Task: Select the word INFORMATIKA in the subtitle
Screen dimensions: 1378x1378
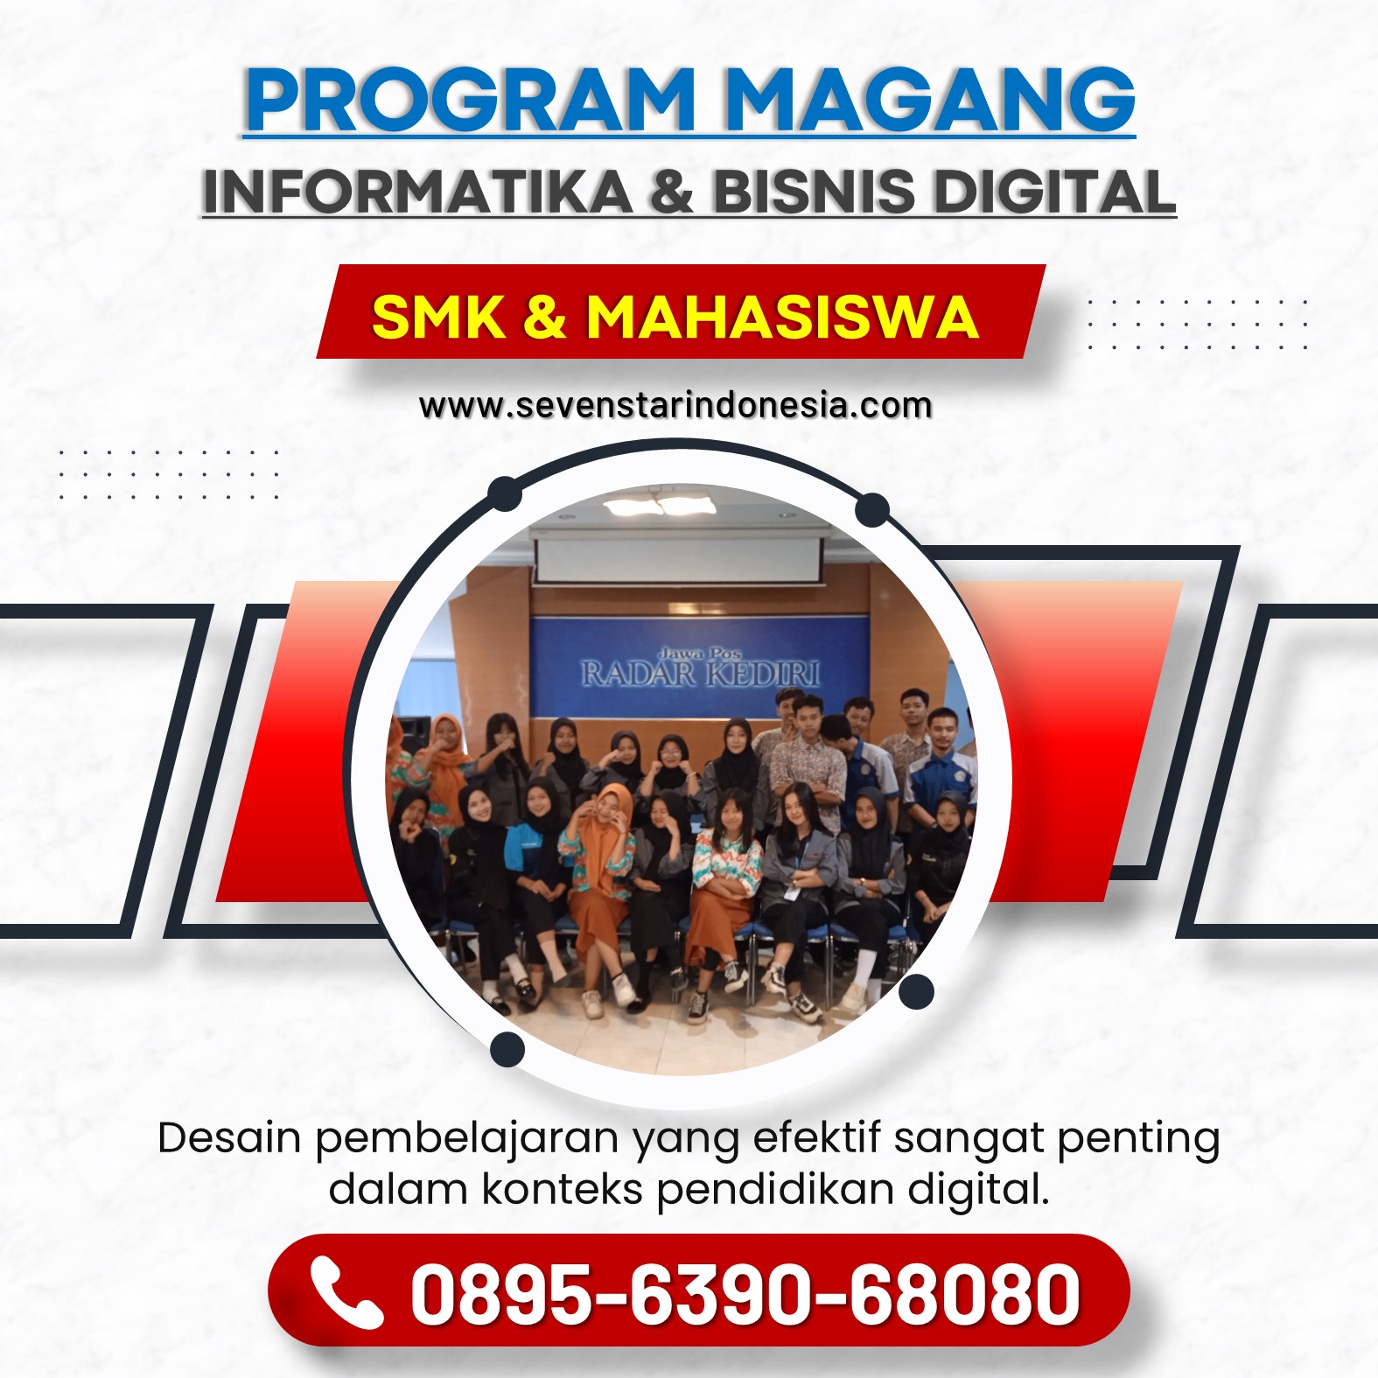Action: [x=417, y=192]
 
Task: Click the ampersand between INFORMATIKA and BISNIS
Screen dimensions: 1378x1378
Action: [x=672, y=192]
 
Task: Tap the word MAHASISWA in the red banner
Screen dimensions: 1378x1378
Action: [x=781, y=316]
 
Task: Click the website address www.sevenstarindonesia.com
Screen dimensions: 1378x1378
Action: [x=675, y=406]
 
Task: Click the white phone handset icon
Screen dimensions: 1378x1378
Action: [x=346, y=1292]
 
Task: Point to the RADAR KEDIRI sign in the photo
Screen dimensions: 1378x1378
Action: [x=700, y=670]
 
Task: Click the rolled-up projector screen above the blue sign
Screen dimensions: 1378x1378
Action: [x=679, y=561]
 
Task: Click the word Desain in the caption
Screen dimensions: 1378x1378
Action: [x=229, y=1138]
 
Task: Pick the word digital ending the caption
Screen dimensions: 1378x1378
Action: [x=977, y=1190]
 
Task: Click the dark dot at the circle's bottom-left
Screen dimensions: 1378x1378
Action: [x=507, y=1049]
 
